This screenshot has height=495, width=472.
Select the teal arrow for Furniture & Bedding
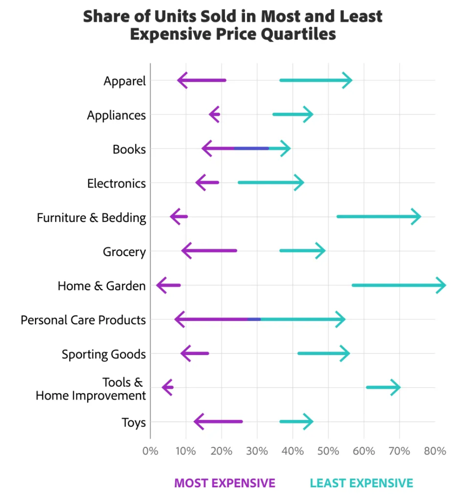coord(378,217)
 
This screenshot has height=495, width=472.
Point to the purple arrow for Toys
coord(218,422)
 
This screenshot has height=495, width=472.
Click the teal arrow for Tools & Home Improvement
coord(383,387)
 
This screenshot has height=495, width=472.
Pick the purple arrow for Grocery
coord(209,251)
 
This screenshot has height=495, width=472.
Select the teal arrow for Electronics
coord(271,183)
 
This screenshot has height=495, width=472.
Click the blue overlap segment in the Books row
coord(251,148)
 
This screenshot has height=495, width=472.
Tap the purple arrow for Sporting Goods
coord(195,353)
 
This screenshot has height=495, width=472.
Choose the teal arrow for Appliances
coord(292,114)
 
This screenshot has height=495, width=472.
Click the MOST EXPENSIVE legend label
coord(225,483)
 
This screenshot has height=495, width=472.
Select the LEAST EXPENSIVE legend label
coord(362,483)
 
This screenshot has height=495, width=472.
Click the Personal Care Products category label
coord(83,320)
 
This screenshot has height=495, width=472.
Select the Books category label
coord(129,149)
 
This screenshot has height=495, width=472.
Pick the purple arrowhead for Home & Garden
coord(161,285)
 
